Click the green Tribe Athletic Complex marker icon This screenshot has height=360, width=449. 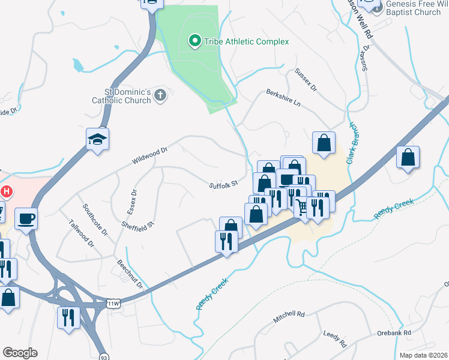point(194,41)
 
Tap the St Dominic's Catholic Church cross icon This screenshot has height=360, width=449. point(160,95)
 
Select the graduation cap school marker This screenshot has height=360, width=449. point(97,140)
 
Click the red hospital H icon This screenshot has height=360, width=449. point(7,192)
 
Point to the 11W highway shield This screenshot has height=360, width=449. point(114,304)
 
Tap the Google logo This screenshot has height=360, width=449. point(20,353)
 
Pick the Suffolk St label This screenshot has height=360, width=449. point(224,185)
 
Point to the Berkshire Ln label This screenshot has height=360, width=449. point(283,98)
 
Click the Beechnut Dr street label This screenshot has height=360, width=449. point(130,274)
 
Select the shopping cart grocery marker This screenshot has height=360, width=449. point(302,208)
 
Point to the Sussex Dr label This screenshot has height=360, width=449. point(306,79)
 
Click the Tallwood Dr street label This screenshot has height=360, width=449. point(82,235)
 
